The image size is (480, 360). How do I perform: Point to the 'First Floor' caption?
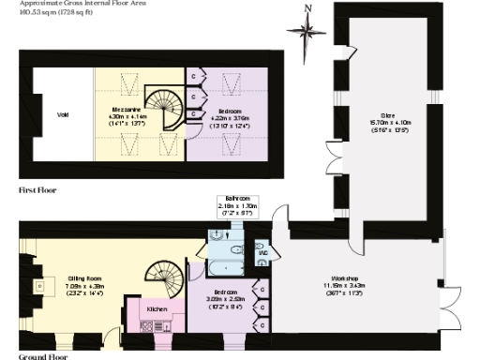[x=37, y=190]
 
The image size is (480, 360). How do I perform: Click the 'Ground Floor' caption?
[x=42, y=356]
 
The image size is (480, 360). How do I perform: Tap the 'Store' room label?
[x=386, y=115]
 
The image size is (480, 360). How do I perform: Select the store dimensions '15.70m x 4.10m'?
[x=386, y=123]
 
